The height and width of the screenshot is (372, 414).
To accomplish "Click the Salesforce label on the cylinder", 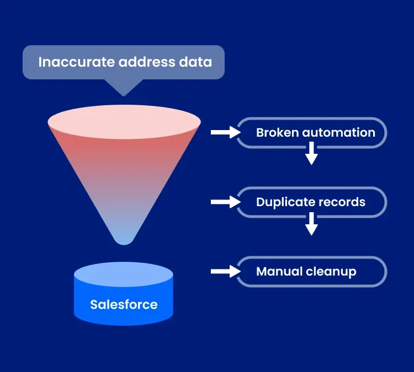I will [124, 304].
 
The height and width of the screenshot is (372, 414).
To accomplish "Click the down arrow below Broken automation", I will [311, 153].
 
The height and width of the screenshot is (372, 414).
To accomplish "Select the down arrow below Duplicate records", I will [311, 223].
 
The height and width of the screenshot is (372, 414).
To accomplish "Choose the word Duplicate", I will [281, 202].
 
